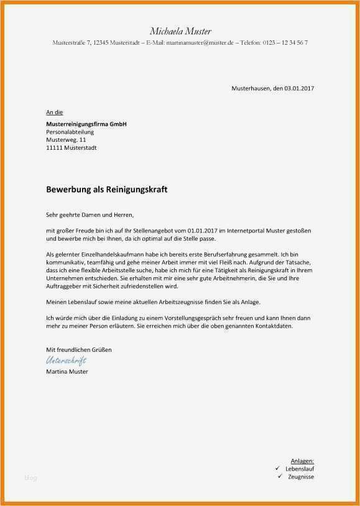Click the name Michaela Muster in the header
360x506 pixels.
[x=180, y=31]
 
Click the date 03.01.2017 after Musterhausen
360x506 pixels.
[x=300, y=88]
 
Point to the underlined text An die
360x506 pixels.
[x=54, y=112]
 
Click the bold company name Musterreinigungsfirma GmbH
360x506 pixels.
[x=86, y=124]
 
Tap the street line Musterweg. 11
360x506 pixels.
[x=67, y=140]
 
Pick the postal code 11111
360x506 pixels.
[x=55, y=148]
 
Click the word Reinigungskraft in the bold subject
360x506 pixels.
[x=134, y=188]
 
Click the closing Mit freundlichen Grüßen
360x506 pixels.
[x=79, y=350]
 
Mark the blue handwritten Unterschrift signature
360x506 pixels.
[x=66, y=361]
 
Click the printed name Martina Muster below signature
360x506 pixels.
[x=67, y=372]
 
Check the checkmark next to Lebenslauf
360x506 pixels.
[x=277, y=467]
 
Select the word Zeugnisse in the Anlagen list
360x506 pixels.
[x=301, y=476]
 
